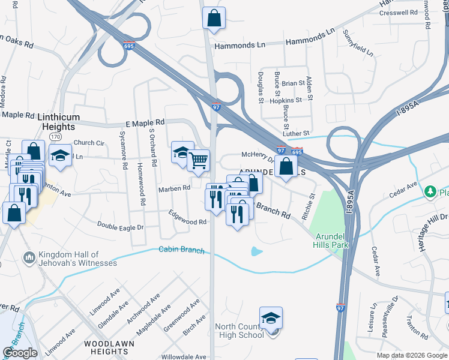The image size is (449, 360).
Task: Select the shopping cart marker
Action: point(198,160)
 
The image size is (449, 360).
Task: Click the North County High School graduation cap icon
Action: point(271,318)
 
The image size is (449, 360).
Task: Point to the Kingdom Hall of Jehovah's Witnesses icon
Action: point(28,258)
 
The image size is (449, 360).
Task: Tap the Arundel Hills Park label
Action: point(332,241)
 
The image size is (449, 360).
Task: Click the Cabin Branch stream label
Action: point(181,250)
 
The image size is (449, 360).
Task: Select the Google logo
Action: point(20,353)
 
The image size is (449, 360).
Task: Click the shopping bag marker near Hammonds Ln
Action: point(214,19)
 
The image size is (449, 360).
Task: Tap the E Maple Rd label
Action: point(128,123)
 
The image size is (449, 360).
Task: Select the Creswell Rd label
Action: point(398,12)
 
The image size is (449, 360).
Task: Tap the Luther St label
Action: point(296,133)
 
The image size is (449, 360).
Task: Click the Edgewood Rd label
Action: point(187,218)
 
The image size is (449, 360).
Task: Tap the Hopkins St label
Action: point(285,101)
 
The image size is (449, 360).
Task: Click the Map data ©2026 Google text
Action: point(412,355)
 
